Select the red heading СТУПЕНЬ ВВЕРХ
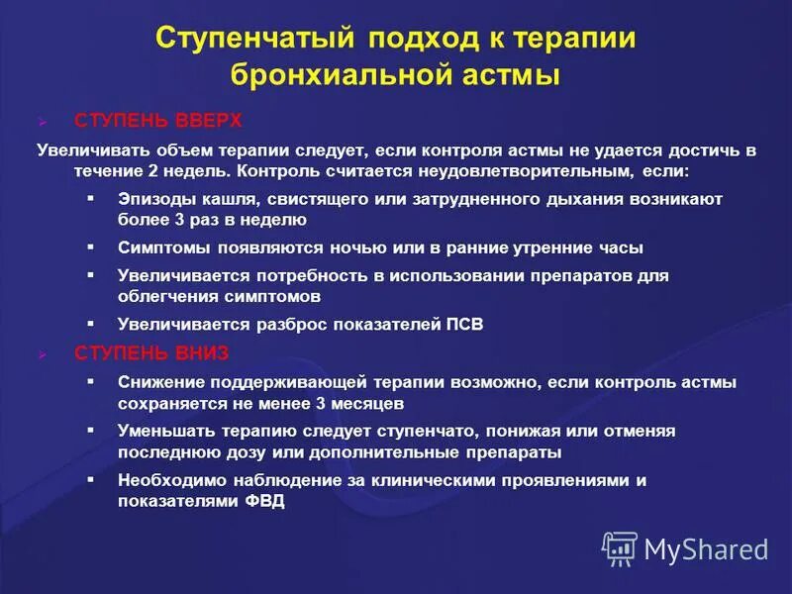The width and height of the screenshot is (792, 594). click(158, 121)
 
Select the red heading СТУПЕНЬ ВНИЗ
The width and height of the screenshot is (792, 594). click(152, 352)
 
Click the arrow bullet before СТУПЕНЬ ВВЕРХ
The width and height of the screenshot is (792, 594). click(43, 122)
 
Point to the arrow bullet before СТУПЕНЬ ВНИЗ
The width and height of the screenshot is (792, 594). click(43, 353)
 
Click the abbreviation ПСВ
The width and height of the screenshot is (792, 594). click(461, 325)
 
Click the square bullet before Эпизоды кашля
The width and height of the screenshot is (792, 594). click(91, 198)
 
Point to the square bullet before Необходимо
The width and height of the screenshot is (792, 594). click(91, 479)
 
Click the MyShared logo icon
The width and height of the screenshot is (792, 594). click(620, 547)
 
